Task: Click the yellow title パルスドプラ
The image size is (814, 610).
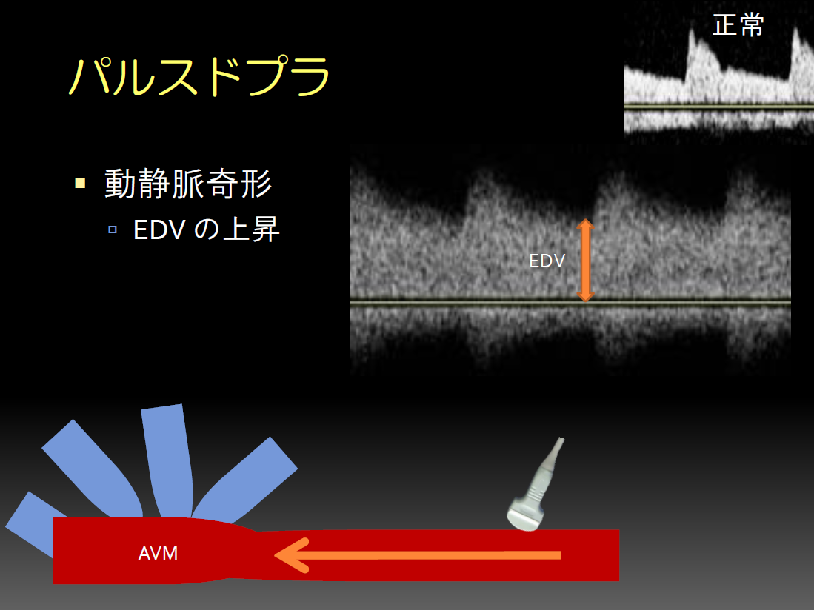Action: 199,77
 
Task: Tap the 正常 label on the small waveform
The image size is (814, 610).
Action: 738,25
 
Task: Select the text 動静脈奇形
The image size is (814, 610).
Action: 188,184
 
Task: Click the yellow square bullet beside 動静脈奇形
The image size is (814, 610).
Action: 80,183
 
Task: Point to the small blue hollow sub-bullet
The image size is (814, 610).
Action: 113,229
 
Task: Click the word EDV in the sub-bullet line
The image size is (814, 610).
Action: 159,229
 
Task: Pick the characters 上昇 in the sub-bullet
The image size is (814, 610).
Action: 251,229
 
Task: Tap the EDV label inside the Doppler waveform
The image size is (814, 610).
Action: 547,261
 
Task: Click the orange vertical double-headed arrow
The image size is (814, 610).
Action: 585,260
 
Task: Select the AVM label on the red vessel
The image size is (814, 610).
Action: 158,554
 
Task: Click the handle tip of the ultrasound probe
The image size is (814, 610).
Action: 560,440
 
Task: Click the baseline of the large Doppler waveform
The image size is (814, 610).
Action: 570,302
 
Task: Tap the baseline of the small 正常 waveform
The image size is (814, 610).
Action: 719,107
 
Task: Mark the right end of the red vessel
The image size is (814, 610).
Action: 618,555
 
